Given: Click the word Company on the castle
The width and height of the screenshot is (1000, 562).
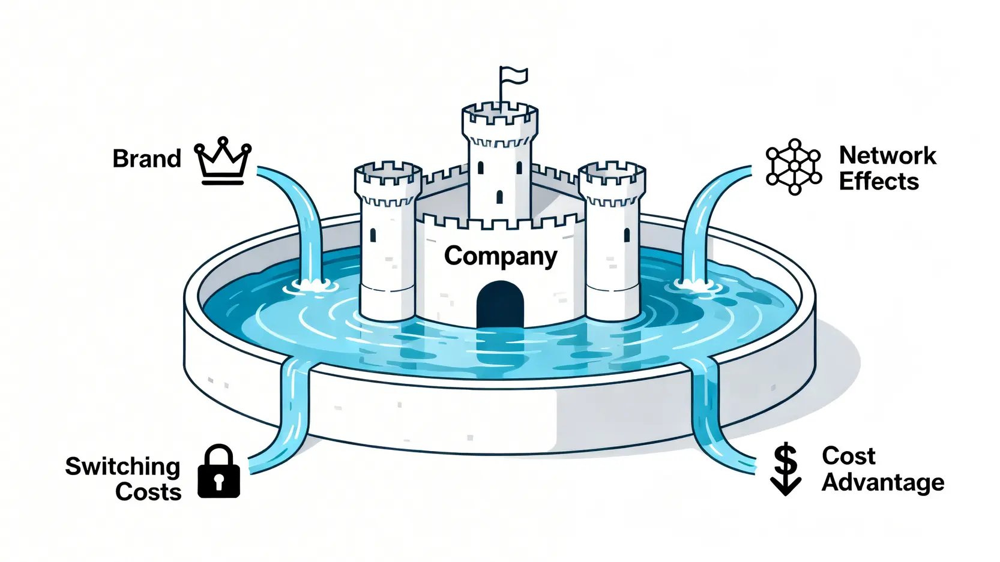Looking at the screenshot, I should click(500, 256).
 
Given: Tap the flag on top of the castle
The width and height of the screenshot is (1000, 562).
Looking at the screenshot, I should click(514, 76).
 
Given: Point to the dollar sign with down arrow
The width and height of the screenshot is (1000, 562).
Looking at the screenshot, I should click(785, 470).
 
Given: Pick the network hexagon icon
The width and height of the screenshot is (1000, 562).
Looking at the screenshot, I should click(794, 167).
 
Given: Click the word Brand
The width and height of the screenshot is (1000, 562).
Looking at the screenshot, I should click(146, 159).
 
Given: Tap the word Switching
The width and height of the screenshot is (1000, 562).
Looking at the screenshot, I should click(122, 466).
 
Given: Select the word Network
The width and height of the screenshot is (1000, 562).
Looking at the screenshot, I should click(887, 155).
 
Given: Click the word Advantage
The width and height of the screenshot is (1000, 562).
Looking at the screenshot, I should click(882, 482).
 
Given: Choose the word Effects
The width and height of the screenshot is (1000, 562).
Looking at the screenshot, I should click(879, 181).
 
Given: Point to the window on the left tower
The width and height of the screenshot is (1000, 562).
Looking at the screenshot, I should click(373, 235).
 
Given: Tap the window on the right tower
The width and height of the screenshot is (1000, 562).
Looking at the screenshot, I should click(627, 235).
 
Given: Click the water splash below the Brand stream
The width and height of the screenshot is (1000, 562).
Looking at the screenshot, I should click(309, 286).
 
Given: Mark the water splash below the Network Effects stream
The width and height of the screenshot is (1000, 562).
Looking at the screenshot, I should click(693, 284).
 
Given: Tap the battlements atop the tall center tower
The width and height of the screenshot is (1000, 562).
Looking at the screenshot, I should click(499, 114).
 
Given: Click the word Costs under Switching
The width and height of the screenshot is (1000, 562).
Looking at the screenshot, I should click(148, 492).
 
